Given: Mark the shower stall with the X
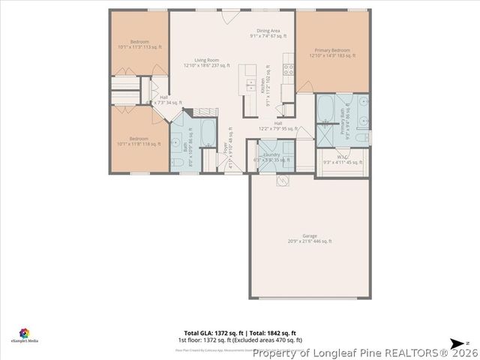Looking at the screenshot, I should click(326, 135).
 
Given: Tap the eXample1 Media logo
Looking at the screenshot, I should click(24, 335).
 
